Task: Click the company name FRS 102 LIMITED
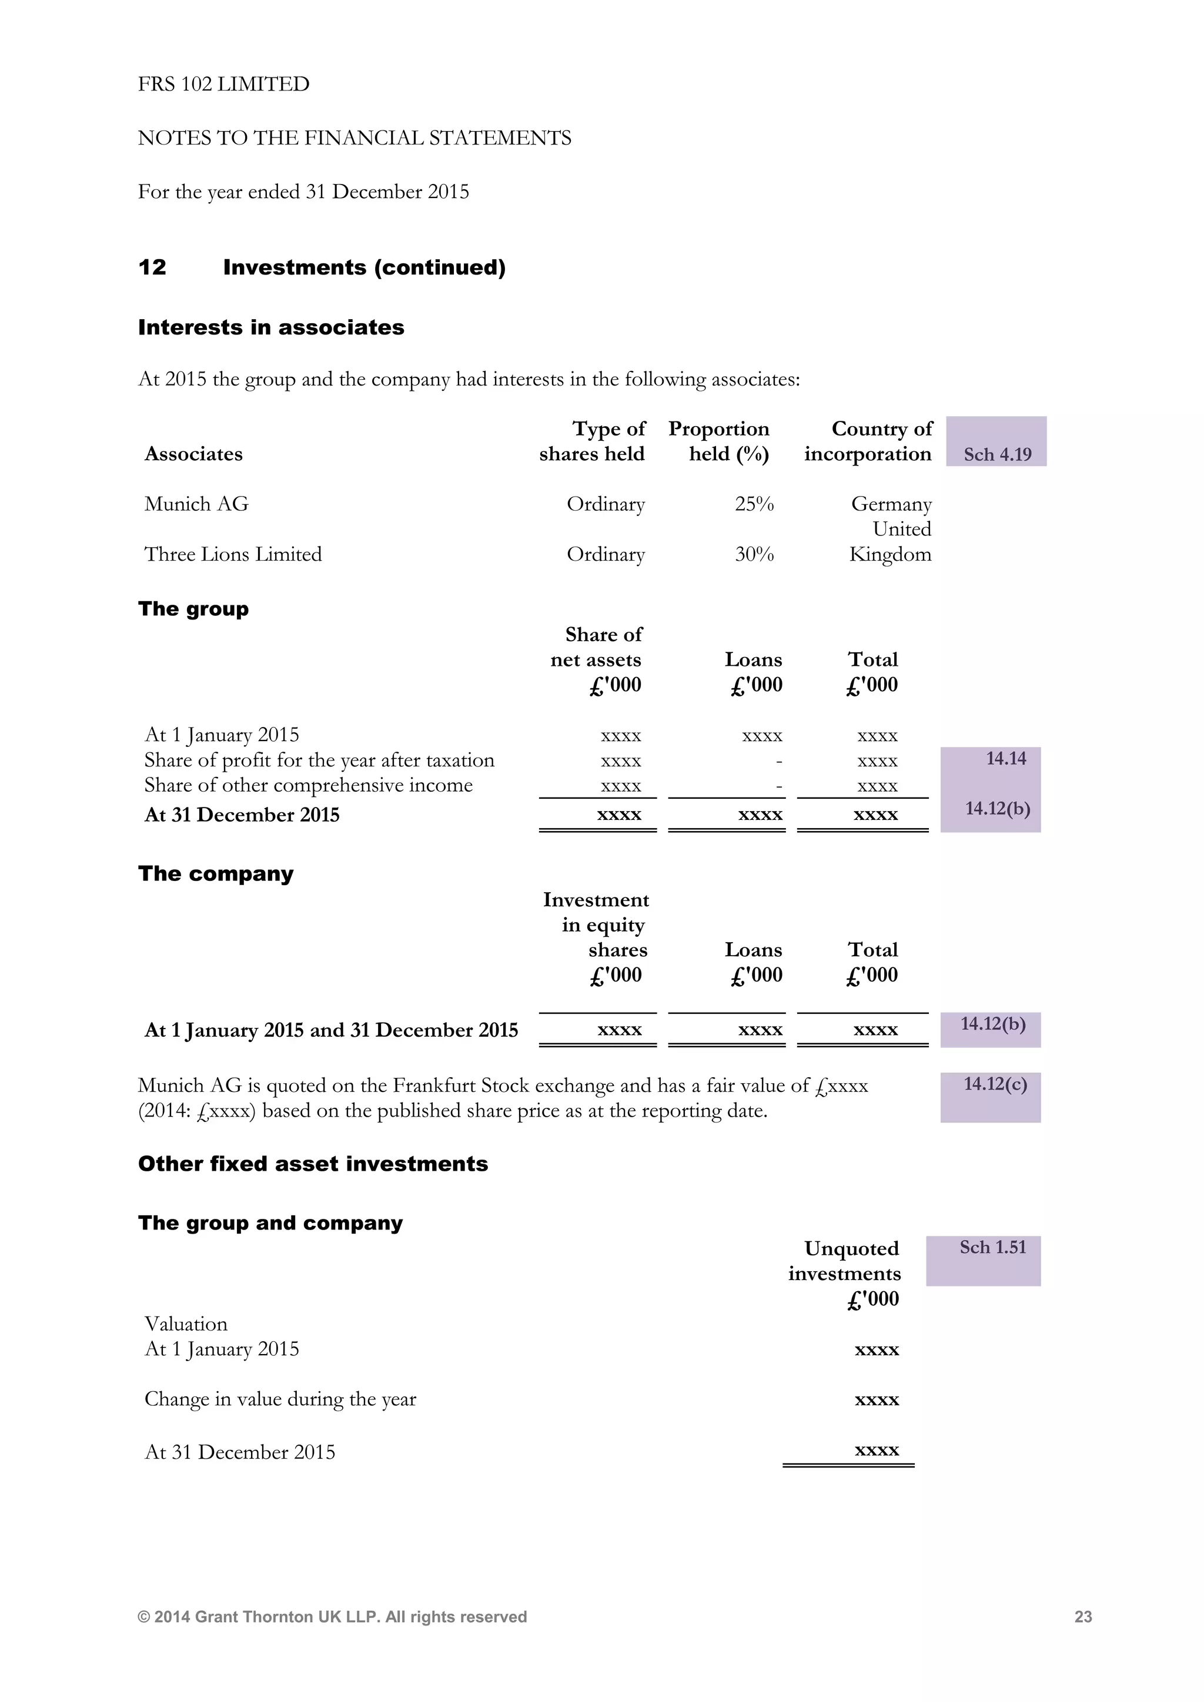[223, 84]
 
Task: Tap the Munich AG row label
[196, 504]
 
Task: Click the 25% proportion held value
[754, 504]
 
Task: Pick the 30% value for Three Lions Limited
[754, 554]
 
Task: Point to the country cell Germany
[891, 504]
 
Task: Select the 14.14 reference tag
[1005, 758]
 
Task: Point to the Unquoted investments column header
[844, 1273]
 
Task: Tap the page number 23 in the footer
[1082, 1617]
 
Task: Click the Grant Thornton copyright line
[332, 1617]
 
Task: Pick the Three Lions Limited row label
[233, 554]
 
